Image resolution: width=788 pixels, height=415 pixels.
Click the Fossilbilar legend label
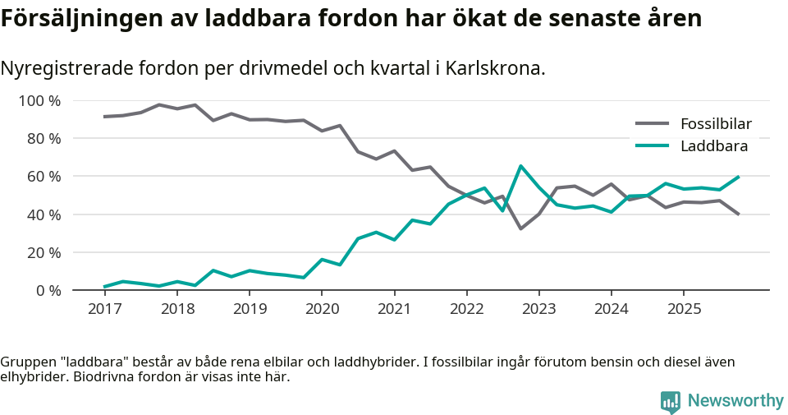pos(716,124)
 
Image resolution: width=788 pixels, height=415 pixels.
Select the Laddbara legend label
pos(713,146)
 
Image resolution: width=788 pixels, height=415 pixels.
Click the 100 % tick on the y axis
pos(40,101)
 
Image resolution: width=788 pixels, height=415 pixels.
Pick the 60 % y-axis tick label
pos(44,177)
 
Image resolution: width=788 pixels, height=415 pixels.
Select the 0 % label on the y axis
pos(48,290)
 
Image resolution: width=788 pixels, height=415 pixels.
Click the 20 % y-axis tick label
pos(44,252)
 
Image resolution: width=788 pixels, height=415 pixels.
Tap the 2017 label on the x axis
pos(104,309)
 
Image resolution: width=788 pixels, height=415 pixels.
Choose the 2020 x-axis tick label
pos(321,309)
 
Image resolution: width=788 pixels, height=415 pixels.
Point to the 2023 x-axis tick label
pos(538,309)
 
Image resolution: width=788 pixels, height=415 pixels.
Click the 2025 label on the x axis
pos(683,309)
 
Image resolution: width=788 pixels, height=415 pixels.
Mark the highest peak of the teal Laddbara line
pos(520,166)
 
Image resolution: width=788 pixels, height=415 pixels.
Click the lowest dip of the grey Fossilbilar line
pos(520,228)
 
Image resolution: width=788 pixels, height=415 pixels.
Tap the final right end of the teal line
pos(739,177)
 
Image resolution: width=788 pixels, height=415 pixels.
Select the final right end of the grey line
pos(739,214)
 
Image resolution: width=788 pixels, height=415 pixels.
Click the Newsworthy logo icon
pos(670,401)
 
